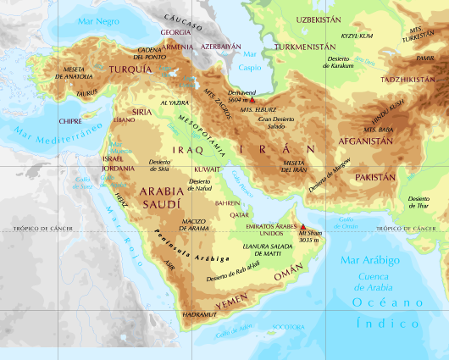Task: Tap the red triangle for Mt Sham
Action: [303, 228]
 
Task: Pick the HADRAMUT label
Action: [200, 315]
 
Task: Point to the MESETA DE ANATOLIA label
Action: [74, 72]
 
